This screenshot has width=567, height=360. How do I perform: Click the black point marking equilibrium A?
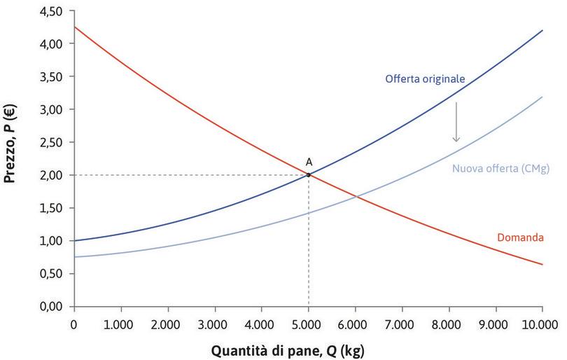pyautogui.click(x=308, y=174)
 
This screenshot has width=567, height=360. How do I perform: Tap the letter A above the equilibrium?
pyautogui.click(x=309, y=162)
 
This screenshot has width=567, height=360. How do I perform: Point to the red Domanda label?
pyautogui.click(x=520, y=238)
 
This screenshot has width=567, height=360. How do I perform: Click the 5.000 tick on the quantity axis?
pyautogui.click(x=308, y=324)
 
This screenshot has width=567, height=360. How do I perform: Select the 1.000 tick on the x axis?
pyautogui.click(x=120, y=324)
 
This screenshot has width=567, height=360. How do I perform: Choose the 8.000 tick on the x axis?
pyautogui.click(x=449, y=324)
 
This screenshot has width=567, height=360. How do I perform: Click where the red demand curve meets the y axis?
pyautogui.click(x=74, y=27)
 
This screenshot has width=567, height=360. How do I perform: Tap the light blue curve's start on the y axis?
pyautogui.click(x=74, y=257)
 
